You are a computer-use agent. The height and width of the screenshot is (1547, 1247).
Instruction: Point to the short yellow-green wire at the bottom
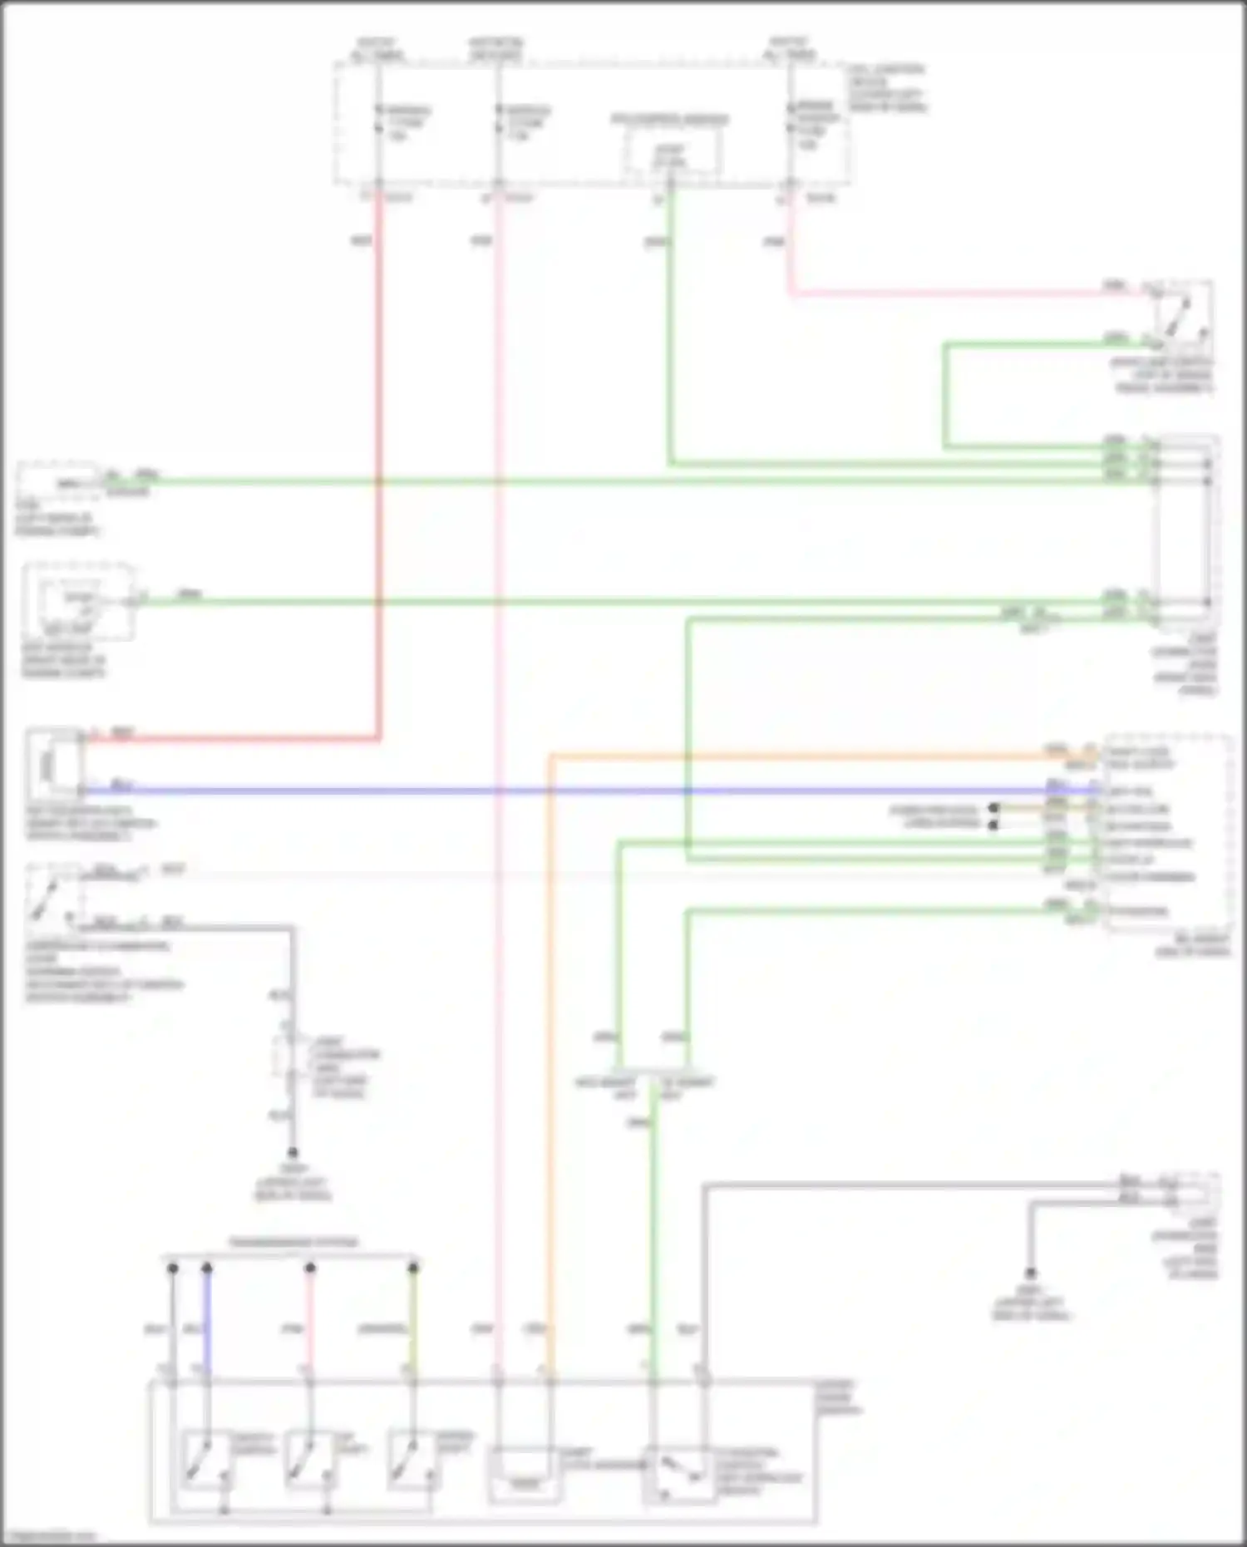coord(412,1322)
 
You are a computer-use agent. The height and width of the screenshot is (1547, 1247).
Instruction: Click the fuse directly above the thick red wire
coord(378,121)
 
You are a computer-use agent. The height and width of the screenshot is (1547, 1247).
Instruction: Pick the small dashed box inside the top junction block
coord(671,153)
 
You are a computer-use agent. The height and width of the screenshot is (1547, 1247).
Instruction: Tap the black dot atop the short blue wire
coord(207,1269)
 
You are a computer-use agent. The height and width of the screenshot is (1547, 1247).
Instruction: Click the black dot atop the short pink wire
coord(309,1269)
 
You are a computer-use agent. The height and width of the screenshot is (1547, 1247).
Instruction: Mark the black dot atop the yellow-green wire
coord(412,1269)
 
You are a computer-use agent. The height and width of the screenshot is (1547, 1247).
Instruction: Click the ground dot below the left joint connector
coord(293,1153)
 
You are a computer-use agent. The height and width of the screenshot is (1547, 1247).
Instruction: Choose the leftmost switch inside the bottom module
coord(205,1459)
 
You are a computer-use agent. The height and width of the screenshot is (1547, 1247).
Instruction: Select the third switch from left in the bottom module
coord(412,1459)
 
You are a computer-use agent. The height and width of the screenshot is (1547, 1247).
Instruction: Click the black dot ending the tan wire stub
coord(993,808)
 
